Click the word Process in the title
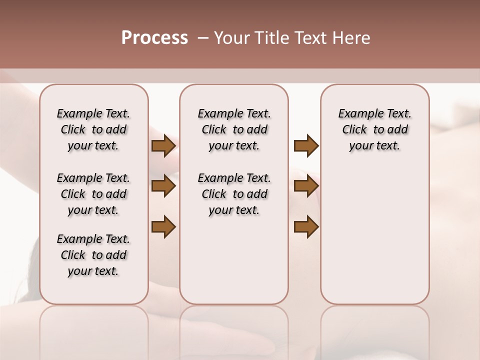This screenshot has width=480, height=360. click(x=154, y=38)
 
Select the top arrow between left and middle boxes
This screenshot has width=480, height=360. click(x=163, y=145)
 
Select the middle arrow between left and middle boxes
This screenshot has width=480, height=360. click(x=163, y=186)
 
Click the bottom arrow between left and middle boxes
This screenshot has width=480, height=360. click(x=163, y=226)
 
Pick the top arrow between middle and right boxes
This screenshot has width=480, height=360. click(x=306, y=145)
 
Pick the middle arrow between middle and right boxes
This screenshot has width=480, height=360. click(x=306, y=186)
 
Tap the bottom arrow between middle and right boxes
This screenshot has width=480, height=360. click(x=306, y=226)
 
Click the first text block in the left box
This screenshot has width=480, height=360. click(x=93, y=129)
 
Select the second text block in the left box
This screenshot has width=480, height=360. click(x=93, y=194)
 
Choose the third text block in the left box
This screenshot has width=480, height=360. click(x=93, y=255)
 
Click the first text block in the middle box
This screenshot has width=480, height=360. click(x=234, y=129)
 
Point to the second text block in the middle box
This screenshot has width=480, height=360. click(x=234, y=194)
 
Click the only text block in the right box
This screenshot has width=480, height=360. click(x=374, y=129)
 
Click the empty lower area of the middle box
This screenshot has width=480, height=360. click(x=234, y=260)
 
